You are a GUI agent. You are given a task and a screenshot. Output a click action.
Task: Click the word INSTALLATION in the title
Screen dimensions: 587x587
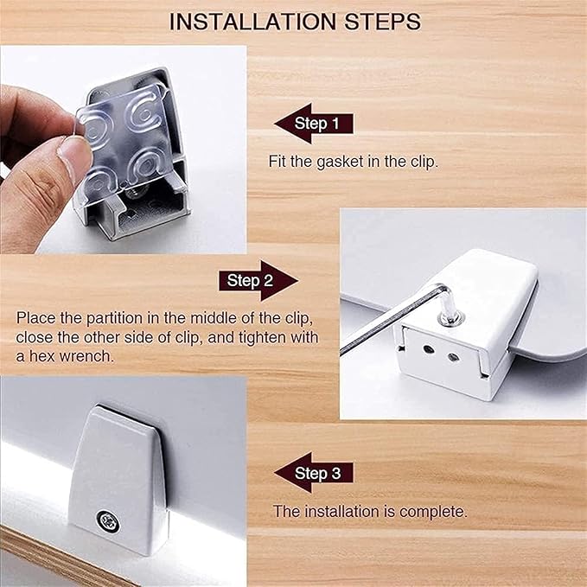[253, 22]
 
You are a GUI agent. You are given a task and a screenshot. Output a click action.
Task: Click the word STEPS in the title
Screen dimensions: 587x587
[383, 22]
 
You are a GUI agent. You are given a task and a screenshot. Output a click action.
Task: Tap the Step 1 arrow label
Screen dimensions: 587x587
[314, 124]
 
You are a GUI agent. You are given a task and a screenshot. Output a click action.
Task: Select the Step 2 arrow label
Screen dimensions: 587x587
[258, 281]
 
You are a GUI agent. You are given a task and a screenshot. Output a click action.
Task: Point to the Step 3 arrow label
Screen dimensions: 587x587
[314, 473]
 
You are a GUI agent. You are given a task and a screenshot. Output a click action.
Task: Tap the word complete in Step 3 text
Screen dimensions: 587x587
[433, 512]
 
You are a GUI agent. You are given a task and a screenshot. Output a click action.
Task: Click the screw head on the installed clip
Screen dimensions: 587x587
[108, 520]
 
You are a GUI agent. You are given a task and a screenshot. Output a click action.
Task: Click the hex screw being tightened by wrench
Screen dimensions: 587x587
[450, 317]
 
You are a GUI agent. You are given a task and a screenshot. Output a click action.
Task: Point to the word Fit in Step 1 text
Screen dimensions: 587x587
[278, 162]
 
